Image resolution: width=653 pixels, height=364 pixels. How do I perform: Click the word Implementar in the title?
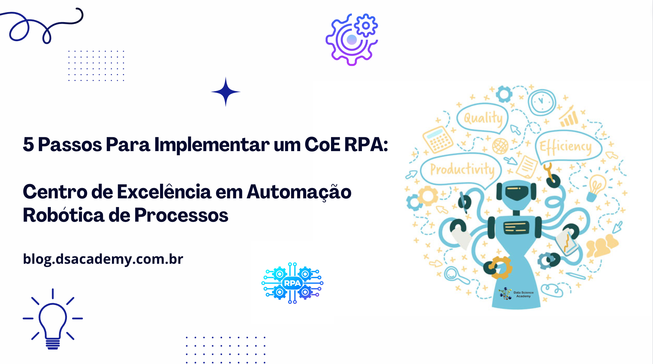coord(212,145)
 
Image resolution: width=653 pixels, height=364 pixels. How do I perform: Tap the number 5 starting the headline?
coord(28,144)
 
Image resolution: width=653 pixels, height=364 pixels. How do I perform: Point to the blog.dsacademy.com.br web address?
coord(103,259)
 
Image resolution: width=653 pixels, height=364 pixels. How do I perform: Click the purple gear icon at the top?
coord(352,39)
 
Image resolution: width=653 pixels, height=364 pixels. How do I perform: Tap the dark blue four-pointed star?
coord(226,92)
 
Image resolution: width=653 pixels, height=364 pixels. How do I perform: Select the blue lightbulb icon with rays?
coord(53,319)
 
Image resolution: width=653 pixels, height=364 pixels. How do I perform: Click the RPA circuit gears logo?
coord(292,283)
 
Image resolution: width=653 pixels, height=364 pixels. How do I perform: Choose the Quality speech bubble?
coord(483,118)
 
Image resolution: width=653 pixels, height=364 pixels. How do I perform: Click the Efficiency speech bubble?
coord(566,147)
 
